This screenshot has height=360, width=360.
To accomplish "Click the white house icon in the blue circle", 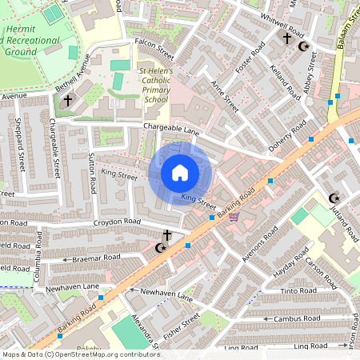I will pyautogui.click(x=180, y=173).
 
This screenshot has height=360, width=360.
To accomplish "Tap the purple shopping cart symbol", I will pyautogui.click(x=234, y=215).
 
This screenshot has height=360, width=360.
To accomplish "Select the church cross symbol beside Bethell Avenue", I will pyautogui.click(x=67, y=101).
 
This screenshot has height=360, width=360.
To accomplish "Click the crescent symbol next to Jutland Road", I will pyautogui.click(x=334, y=198).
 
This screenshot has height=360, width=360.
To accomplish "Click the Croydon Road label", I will pyautogui.click(x=117, y=222).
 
